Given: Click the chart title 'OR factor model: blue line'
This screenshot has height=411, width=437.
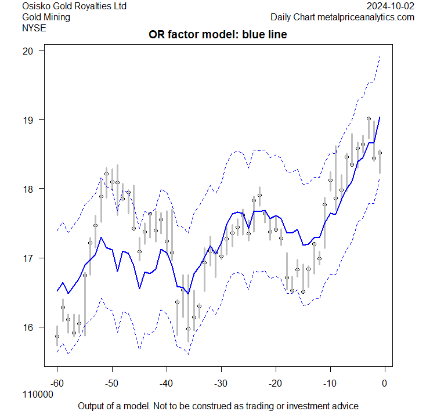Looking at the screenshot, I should coord(218,35).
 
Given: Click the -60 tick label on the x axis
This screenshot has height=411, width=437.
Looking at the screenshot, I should coord(57,383).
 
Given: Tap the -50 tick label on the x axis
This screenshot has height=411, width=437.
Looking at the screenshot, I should coord(111,383).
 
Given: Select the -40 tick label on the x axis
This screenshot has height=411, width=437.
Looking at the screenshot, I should coord(166,383).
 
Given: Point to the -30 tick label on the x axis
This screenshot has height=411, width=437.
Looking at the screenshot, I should coord(221,383).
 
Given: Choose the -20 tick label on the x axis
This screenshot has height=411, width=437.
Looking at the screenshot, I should coord(275,383).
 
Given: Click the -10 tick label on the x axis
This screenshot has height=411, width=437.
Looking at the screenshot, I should coord(330,383).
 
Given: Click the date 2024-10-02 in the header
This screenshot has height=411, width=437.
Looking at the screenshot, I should coord(391,6).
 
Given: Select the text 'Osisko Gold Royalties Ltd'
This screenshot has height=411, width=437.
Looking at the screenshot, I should coord(74,6).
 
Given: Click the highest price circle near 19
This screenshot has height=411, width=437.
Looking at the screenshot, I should coord(369,118).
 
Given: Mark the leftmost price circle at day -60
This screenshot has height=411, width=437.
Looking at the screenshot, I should coord(57,336).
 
